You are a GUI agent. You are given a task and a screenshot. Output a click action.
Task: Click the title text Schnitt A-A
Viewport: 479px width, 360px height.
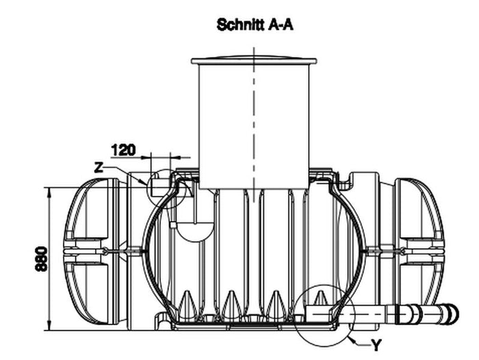click(x=255, y=25)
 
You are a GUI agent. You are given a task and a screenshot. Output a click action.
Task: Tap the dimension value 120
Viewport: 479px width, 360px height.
click(x=123, y=149)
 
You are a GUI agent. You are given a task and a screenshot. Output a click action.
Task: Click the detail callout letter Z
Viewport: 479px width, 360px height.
click(x=100, y=166)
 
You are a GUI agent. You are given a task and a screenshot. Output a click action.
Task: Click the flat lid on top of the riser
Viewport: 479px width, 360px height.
click(x=254, y=61)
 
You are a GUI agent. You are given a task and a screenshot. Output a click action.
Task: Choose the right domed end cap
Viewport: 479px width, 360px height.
click(x=421, y=251)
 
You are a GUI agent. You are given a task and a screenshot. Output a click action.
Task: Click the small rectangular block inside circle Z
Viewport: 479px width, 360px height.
click(x=161, y=184)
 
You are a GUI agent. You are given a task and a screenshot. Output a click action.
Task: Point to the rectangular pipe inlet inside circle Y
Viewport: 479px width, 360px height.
click(x=320, y=312)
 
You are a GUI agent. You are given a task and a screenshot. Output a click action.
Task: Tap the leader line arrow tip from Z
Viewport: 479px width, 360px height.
click(x=145, y=183)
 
